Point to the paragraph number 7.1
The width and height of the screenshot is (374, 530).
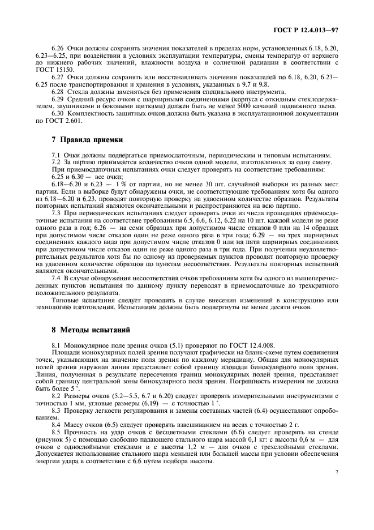click(56, 155)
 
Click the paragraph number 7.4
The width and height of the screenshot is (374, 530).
click(56, 278)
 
